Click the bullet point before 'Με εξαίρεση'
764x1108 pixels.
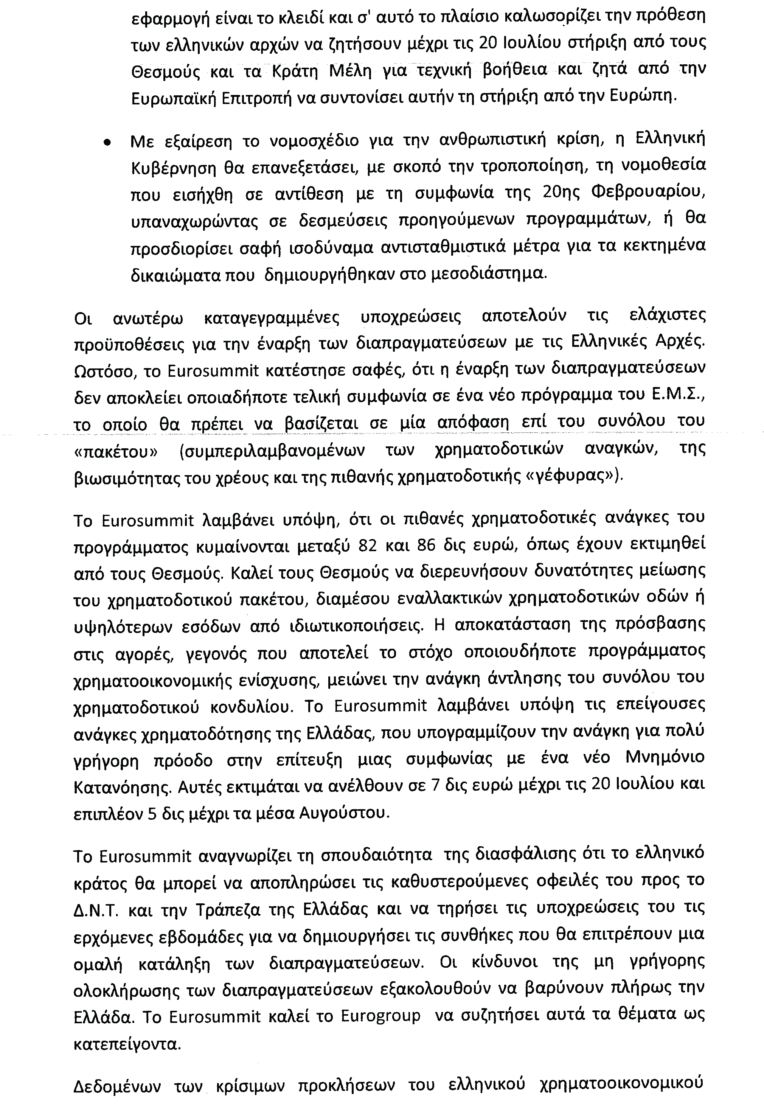(x=108, y=143)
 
